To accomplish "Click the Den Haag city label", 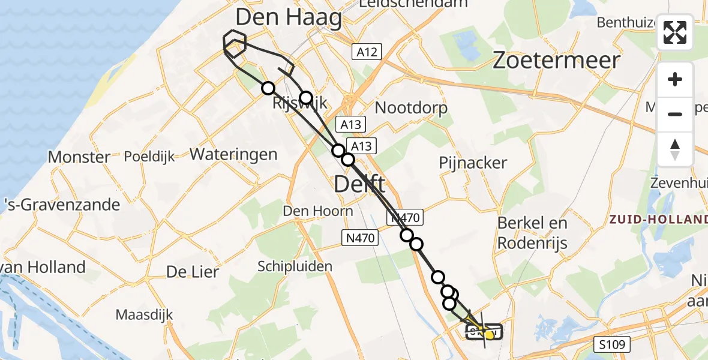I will coord(289,17).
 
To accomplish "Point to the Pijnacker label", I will coord(473,163).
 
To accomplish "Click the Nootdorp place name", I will coord(411,108).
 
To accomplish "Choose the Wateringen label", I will coord(233,154).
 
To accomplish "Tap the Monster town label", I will coord(79,157).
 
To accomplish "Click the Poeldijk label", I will coord(149,157).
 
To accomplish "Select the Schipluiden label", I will coord(295,266).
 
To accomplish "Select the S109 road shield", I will coord(612,344).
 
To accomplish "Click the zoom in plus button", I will coord(675,80).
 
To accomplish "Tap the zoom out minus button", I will coord(675,114).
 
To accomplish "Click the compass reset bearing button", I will coord(675,149).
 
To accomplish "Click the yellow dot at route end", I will coord(490,335).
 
